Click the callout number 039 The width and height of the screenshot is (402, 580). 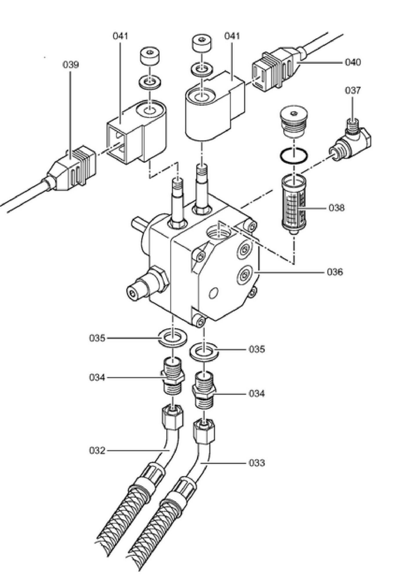click(71, 65)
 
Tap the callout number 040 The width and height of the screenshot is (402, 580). click(353, 62)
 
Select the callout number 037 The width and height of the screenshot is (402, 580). click(353, 90)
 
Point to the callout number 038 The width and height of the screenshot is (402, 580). click(336, 208)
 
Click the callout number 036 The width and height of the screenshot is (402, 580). click(335, 272)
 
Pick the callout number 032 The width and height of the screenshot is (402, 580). click(97, 451)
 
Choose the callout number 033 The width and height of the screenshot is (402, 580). click(257, 463)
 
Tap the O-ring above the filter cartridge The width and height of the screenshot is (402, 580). click(294, 156)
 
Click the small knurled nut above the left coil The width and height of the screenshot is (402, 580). click(150, 57)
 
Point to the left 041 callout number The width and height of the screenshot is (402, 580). click(120, 36)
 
